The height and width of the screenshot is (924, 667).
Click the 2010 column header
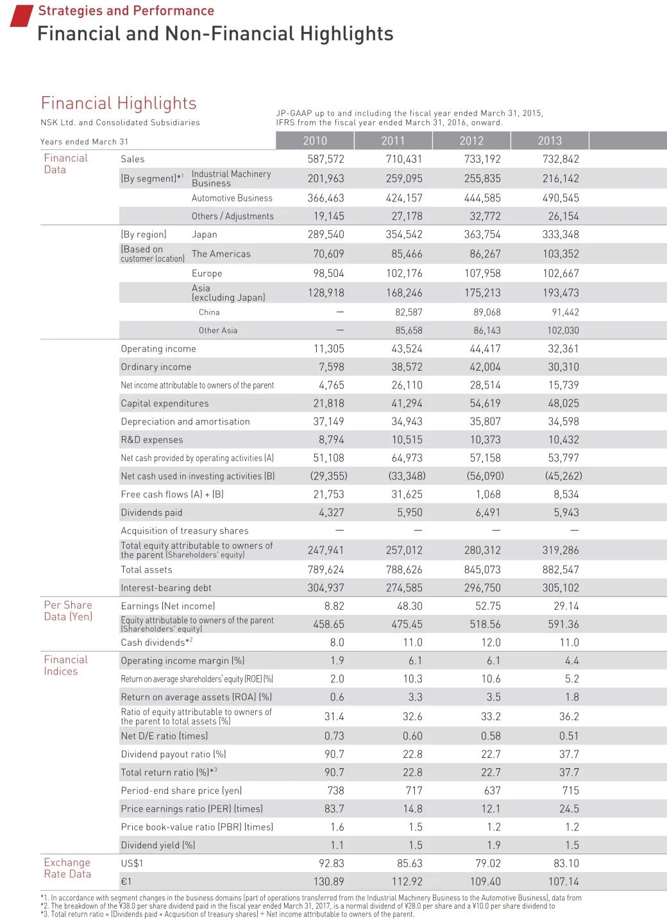(315, 140)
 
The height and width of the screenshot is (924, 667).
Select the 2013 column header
(550, 140)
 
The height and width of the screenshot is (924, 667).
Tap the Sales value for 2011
(404, 159)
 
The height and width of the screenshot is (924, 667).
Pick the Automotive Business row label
(232, 198)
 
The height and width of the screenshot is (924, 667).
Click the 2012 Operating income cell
(485, 349)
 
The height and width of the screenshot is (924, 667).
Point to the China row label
(209, 312)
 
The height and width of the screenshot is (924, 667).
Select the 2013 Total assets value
(561, 569)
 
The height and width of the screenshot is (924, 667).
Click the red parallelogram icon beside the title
(21, 16)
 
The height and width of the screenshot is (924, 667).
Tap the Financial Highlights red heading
(119, 103)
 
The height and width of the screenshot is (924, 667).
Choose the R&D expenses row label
(152, 440)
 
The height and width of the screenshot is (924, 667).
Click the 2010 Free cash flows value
(328, 494)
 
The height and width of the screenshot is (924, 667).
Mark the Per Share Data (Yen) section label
(68, 610)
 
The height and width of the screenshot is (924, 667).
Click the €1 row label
(126, 881)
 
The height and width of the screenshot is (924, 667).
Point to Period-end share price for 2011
(414, 791)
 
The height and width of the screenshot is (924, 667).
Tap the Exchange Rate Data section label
(67, 868)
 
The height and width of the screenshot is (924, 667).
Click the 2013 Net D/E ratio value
(568, 736)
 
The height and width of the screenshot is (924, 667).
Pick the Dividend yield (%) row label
(158, 845)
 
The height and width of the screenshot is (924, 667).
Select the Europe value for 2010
(328, 273)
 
